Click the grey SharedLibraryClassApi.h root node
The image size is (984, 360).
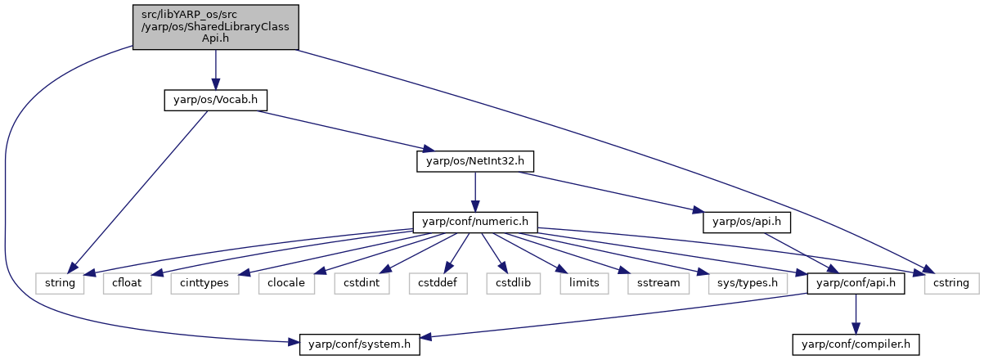(216, 27)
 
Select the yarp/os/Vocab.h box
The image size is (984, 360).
(216, 100)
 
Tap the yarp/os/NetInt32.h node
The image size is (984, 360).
(475, 161)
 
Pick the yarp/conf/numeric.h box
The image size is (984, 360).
(475, 223)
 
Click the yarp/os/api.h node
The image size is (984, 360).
(747, 223)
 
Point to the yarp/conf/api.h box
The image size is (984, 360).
(856, 284)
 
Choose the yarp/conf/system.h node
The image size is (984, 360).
(359, 344)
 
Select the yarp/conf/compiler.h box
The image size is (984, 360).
(856, 344)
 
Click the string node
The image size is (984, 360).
(60, 284)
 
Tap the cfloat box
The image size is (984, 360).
(128, 284)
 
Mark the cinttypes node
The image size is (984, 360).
(204, 284)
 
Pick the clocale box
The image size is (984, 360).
(286, 284)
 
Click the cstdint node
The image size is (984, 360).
(362, 284)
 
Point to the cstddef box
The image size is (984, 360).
(438, 284)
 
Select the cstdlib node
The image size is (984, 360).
(514, 284)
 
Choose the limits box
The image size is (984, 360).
(584, 284)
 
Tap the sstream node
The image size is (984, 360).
(658, 284)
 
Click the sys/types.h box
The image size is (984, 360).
(748, 284)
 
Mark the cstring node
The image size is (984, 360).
(951, 284)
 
